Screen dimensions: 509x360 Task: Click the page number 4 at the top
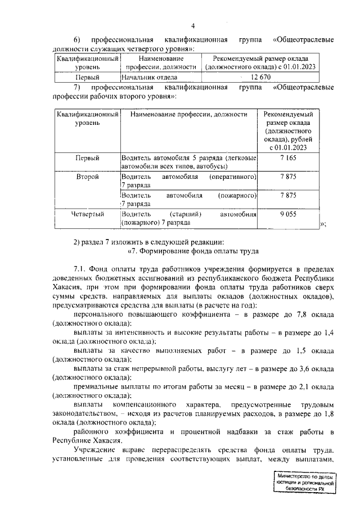192,26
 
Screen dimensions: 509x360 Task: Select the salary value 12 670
261,77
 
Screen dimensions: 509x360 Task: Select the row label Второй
87,177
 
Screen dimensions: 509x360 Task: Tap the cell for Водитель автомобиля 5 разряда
188,163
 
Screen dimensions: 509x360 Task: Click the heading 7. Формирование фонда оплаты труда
194,251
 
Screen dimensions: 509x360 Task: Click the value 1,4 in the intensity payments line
329,334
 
